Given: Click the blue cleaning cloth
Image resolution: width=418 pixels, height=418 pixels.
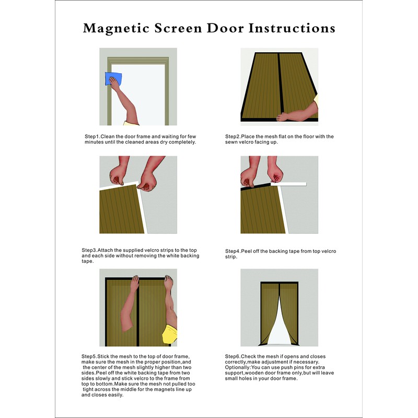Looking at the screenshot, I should point(113,79).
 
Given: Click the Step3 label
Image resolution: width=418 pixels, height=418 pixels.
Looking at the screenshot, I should point(91,250).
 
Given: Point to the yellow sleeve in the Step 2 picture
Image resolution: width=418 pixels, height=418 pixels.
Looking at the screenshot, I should point(315,99).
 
